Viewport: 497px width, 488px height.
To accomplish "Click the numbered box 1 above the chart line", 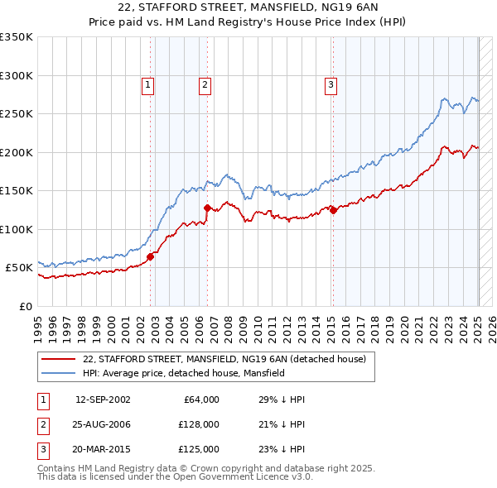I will tap(147, 84).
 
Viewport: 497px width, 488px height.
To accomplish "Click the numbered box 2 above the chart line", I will tap(204, 84).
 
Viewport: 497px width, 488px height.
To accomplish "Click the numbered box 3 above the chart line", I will tap(331, 84).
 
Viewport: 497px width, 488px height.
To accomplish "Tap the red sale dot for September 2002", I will tap(151, 256).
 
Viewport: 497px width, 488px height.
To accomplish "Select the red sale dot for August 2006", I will tap(207, 208).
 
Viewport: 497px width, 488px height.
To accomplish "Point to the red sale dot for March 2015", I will tap(333, 210).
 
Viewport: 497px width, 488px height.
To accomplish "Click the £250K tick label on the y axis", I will tap(17, 114).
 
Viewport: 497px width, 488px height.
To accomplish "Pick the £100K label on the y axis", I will tap(17, 229).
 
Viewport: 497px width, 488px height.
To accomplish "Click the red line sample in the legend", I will tap(58, 359).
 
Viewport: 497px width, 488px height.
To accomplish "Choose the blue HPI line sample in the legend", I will tap(58, 373).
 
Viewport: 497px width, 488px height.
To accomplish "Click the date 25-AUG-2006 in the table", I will tap(103, 424).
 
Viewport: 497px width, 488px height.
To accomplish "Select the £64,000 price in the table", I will tap(201, 399).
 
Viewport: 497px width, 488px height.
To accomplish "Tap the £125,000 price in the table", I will tap(199, 449).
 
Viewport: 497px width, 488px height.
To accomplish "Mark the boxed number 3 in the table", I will tap(41, 449).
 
